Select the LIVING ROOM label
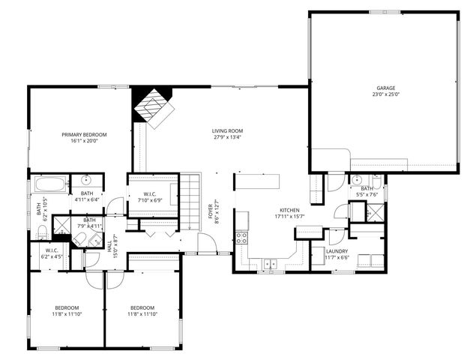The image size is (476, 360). tap(228, 131)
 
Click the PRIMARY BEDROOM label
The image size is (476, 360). tap(84, 134)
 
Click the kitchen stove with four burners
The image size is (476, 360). tap(242, 238)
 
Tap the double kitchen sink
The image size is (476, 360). tap(271, 263)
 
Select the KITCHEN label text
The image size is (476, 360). tap(290, 210)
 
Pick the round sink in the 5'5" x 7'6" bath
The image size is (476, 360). tap(357, 180)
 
